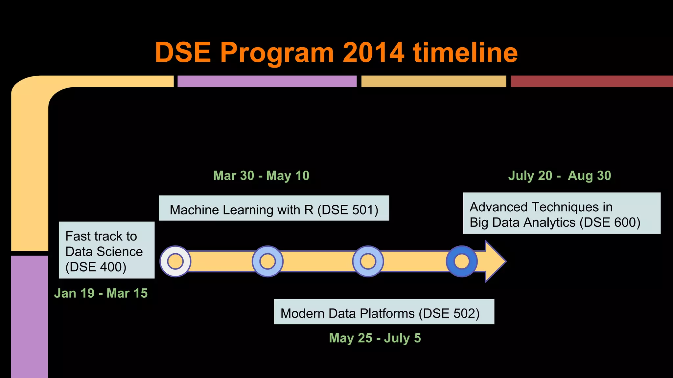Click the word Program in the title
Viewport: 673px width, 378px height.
click(x=277, y=52)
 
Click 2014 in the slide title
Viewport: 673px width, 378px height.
click(x=373, y=52)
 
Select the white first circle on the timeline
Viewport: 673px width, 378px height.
click(x=175, y=262)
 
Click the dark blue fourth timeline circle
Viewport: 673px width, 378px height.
click(x=462, y=262)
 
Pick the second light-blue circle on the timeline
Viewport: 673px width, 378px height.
click(x=267, y=262)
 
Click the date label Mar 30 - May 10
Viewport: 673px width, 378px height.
click(x=261, y=176)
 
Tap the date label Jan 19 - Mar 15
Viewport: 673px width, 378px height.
click(x=101, y=293)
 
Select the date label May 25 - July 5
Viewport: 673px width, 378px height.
click(x=375, y=338)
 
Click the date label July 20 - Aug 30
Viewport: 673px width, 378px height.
click(x=560, y=176)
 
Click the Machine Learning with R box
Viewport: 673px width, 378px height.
click(x=274, y=208)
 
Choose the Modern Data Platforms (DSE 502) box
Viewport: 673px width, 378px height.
click(x=384, y=312)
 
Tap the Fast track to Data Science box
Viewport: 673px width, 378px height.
click(x=106, y=250)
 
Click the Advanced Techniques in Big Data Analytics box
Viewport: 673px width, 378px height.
click(x=562, y=213)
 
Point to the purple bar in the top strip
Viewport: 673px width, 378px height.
click(x=267, y=81)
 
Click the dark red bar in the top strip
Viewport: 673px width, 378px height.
click(x=592, y=81)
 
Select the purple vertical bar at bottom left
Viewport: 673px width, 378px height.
click(x=30, y=317)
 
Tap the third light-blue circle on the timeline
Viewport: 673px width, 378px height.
click(x=368, y=262)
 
